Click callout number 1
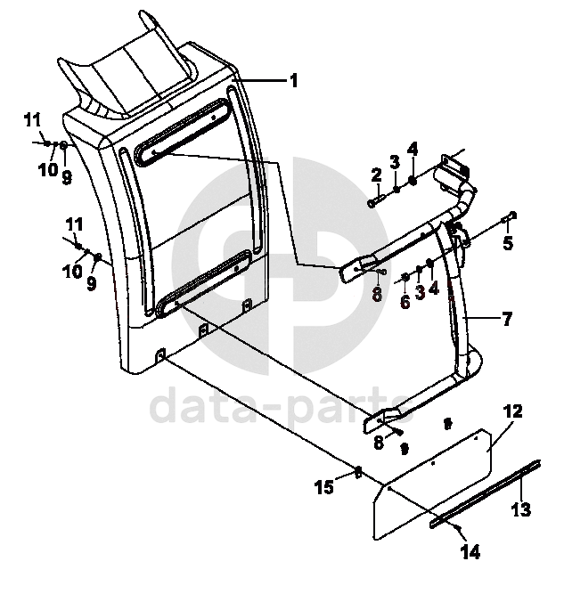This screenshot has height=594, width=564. [x=293, y=80]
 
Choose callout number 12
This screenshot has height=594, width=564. [x=512, y=411]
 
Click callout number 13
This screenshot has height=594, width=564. [x=521, y=510]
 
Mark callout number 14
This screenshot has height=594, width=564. [x=470, y=552]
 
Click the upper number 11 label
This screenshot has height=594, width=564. [x=32, y=119]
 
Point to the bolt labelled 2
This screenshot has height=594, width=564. [x=373, y=203]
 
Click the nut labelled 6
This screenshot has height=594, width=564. [x=405, y=278]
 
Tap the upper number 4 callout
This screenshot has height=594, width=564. [x=413, y=148]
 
